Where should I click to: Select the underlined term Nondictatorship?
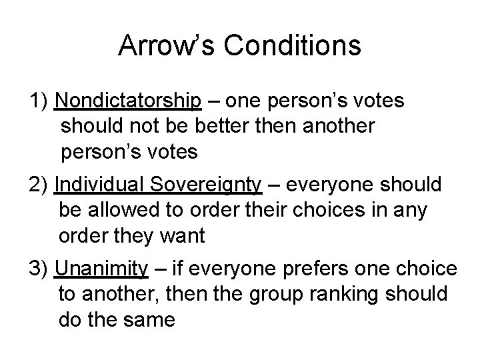tap(129, 101)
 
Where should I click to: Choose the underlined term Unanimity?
tap(101, 269)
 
